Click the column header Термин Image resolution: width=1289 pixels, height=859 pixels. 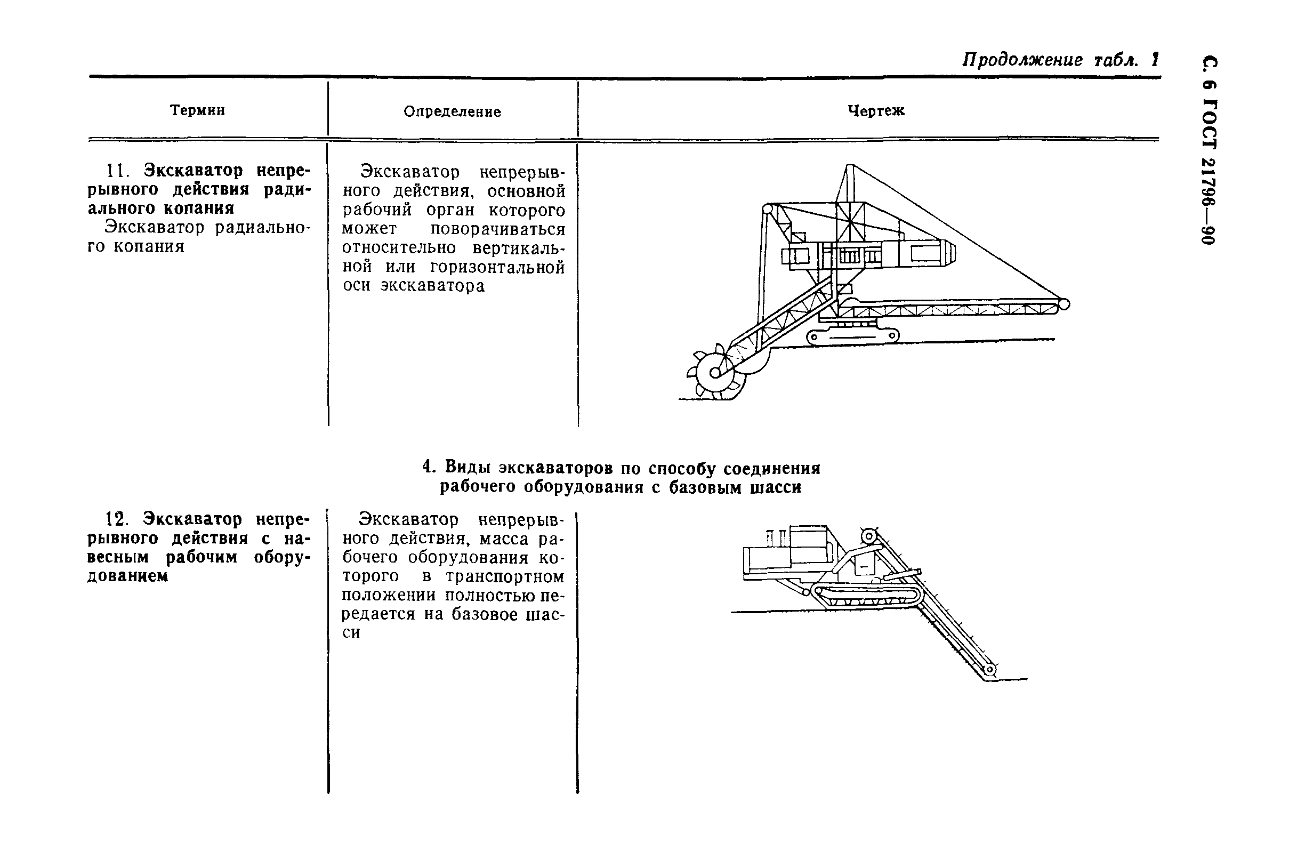click(x=197, y=110)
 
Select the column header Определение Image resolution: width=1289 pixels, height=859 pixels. click(x=452, y=112)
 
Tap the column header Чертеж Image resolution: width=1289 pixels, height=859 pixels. click(x=876, y=111)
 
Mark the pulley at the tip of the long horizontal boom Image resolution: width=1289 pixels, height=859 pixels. click(x=1064, y=304)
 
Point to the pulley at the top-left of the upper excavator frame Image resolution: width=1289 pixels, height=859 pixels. click(x=767, y=208)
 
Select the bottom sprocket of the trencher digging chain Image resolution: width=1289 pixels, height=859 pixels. click(x=989, y=670)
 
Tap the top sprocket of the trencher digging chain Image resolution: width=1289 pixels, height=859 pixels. click(x=869, y=535)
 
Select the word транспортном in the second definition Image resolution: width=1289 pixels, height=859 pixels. click(x=504, y=577)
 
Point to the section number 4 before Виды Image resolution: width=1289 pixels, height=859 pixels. click(x=428, y=467)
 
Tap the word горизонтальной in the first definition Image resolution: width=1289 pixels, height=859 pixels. click(x=497, y=267)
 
